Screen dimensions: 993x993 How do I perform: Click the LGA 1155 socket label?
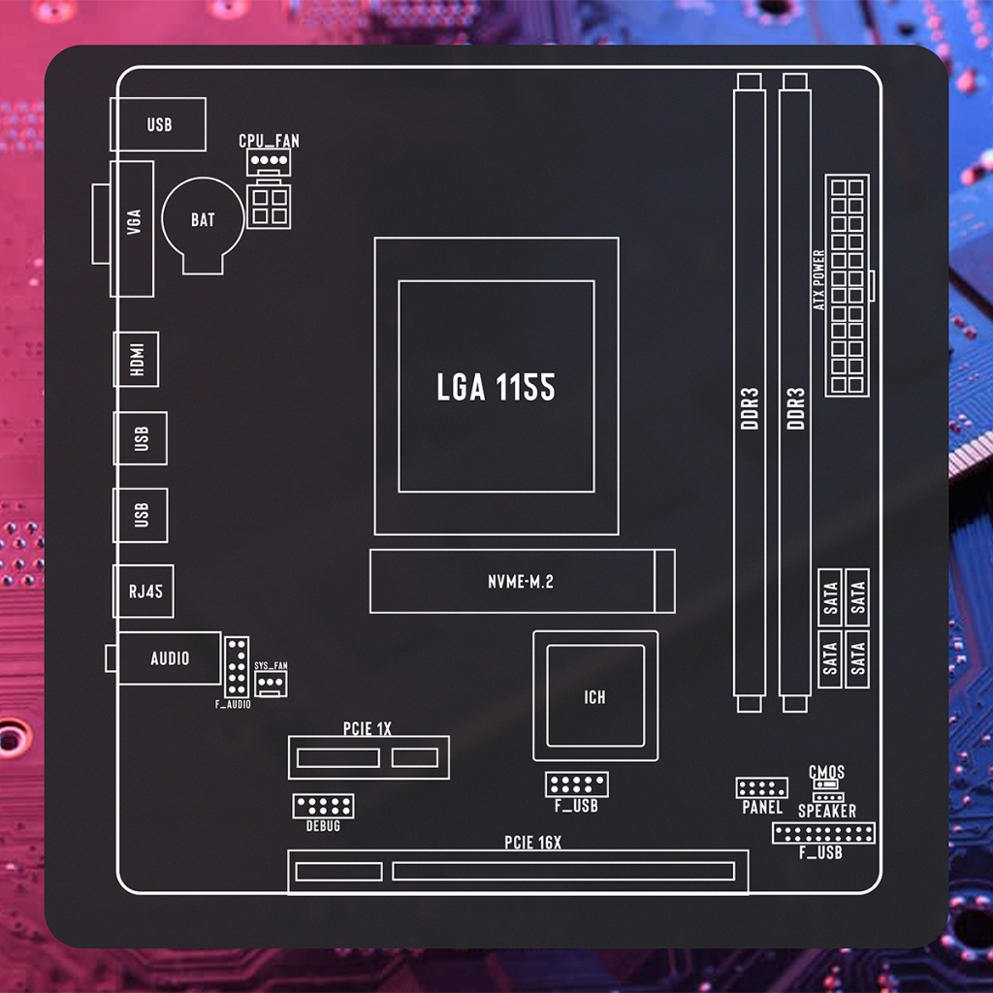(496, 386)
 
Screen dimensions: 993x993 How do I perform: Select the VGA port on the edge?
(132, 229)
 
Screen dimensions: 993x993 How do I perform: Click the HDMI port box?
(136, 359)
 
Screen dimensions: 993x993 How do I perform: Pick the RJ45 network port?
(144, 591)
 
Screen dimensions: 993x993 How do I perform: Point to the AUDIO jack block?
(169, 658)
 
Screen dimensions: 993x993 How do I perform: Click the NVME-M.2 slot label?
(521, 582)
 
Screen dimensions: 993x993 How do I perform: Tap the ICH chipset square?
(595, 696)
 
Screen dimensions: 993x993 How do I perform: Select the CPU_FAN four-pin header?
(269, 162)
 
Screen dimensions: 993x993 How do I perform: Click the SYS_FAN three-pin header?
(271, 684)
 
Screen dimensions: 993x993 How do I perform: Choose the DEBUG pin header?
(323, 806)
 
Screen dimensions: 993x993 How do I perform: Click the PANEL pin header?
(762, 788)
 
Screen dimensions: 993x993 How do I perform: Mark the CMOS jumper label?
(826, 772)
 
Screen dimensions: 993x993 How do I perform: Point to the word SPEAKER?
(827, 811)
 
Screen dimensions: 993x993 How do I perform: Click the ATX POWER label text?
(818, 280)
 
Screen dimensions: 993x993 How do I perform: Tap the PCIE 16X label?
(532, 843)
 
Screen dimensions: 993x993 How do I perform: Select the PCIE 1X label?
(368, 728)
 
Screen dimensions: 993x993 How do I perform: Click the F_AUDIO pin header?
(237, 667)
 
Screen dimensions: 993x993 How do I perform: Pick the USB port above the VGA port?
(158, 124)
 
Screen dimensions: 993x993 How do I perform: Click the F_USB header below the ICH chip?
(577, 785)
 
